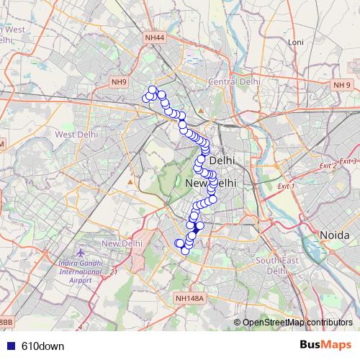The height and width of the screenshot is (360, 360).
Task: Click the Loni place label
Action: pos(295,42)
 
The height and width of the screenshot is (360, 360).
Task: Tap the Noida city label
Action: pos(334,235)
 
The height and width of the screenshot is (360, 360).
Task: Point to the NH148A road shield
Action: pos(189,298)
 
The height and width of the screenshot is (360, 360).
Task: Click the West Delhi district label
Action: pos(76,134)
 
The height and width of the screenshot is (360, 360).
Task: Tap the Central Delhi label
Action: pos(232,82)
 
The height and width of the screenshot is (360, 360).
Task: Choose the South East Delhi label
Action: pos(277,266)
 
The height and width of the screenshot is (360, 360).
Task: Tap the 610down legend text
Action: pos(42,346)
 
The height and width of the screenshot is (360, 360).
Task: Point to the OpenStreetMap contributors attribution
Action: pos(297,322)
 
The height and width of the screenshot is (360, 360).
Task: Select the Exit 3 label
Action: pos(348,161)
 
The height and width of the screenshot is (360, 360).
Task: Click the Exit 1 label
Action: pos(287,186)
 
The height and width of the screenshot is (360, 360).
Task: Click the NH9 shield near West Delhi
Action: pos(119,82)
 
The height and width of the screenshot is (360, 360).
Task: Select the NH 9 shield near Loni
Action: pos(341,86)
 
